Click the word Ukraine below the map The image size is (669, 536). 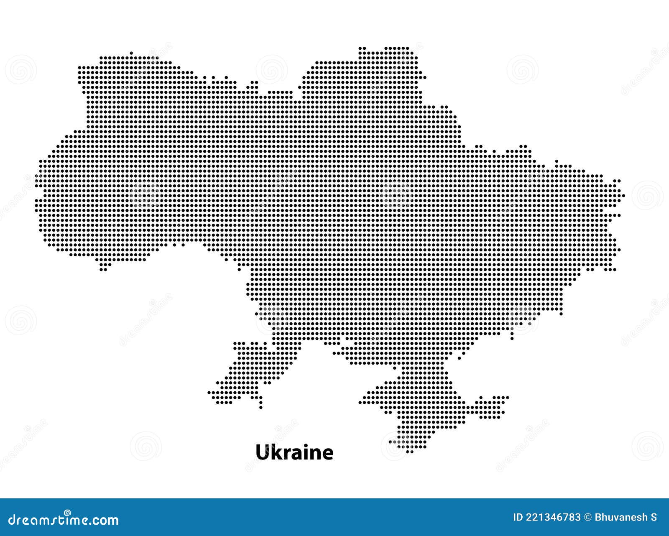point(294,452)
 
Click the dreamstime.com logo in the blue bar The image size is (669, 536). point(64,520)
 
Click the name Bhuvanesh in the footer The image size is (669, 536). point(620,518)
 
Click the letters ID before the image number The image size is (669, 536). point(518,518)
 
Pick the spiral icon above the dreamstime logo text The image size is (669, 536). point(67,513)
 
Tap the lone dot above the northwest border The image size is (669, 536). point(131,53)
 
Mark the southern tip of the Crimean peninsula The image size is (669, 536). point(409,452)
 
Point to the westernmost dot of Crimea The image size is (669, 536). point(360,402)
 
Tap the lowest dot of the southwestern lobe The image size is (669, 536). point(261,407)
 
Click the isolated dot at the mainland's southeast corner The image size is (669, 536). point(561,314)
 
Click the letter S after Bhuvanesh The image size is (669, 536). point(654,518)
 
